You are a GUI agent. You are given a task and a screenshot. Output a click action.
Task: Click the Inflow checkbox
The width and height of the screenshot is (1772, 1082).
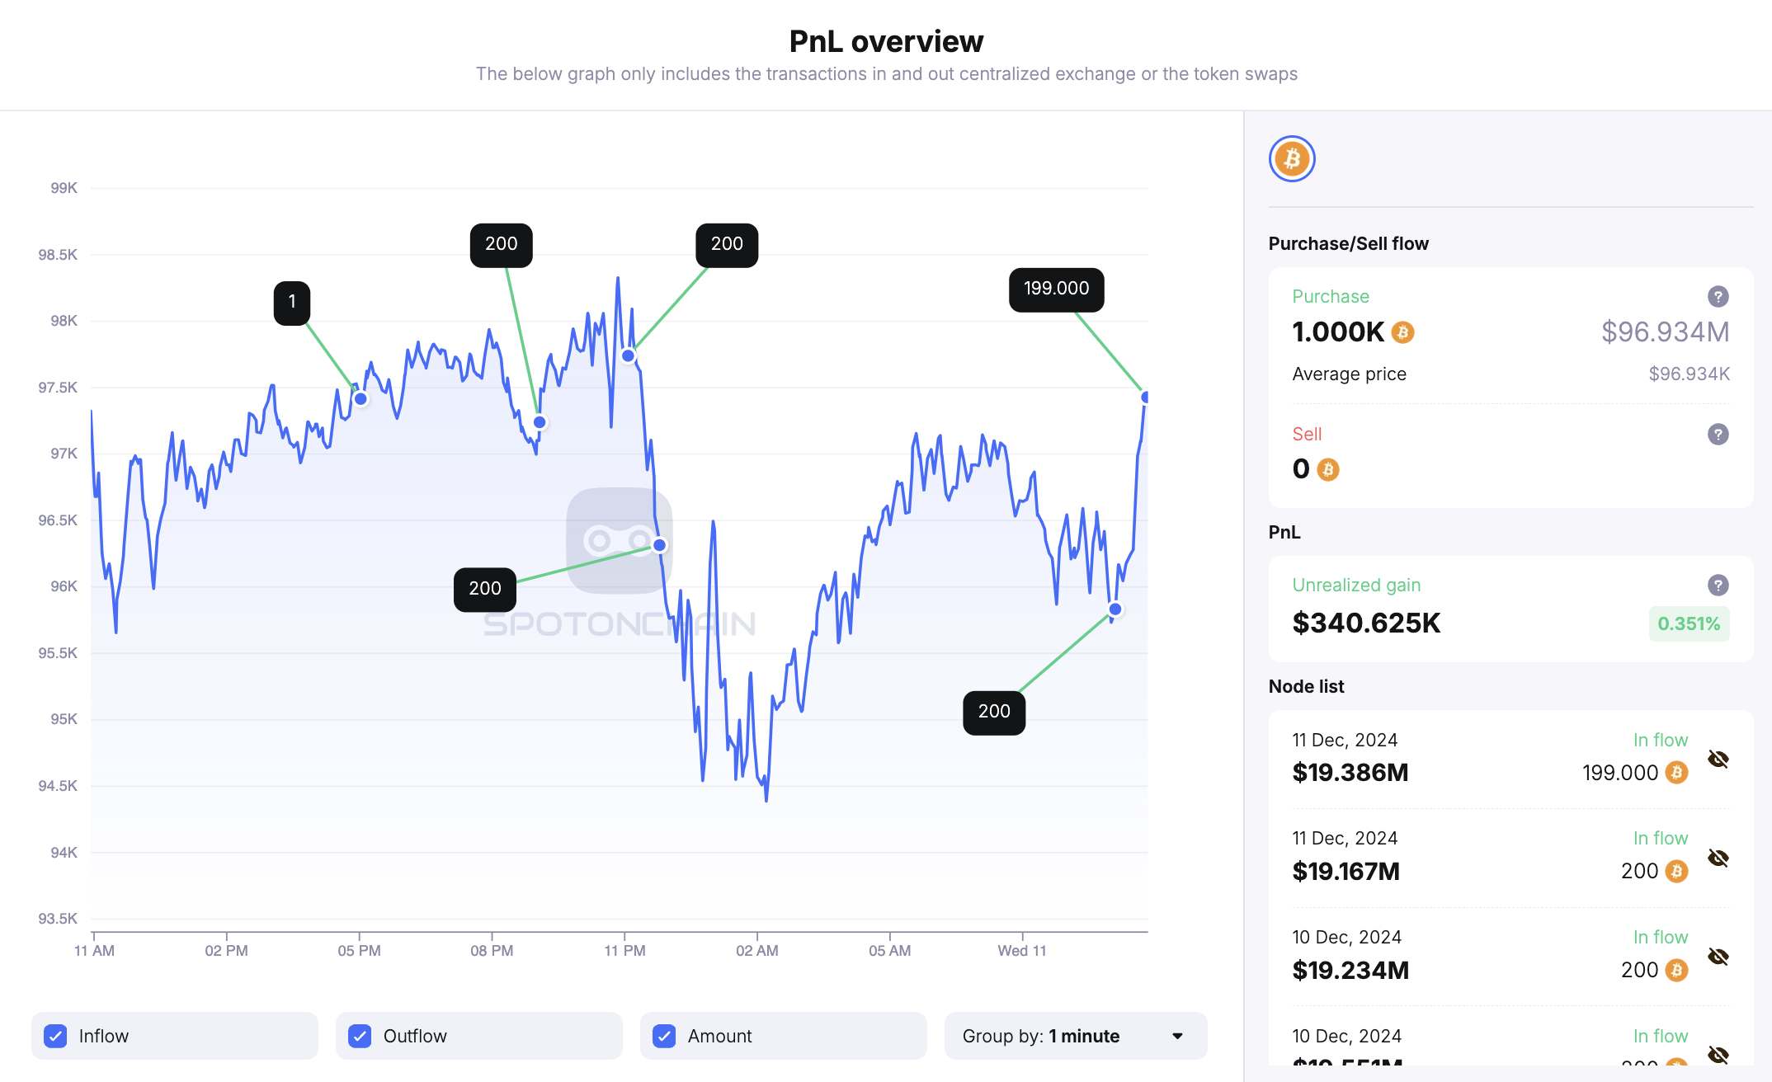point(55,1036)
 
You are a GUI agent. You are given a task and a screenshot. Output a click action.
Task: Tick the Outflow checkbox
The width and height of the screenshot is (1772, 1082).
point(360,1036)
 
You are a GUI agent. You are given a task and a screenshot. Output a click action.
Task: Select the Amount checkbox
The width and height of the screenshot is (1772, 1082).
point(664,1036)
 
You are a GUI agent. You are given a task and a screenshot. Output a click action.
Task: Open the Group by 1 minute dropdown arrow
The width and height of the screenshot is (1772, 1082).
point(1177,1036)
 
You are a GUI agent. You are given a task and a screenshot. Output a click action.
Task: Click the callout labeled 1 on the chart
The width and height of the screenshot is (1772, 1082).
point(292,303)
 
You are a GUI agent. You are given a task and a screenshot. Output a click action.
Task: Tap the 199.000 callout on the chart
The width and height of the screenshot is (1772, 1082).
point(1056,289)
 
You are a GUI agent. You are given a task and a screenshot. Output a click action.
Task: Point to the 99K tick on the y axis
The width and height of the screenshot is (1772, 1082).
point(64,188)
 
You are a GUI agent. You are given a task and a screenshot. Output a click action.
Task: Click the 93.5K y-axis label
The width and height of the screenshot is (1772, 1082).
point(58,919)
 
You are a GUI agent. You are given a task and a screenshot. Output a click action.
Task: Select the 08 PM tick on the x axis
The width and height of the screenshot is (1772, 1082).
point(492,950)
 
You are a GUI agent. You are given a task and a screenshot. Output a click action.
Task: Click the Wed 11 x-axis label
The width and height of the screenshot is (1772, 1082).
point(1021,950)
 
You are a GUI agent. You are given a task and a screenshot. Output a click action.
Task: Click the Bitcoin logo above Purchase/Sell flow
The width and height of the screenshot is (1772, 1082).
point(1292,158)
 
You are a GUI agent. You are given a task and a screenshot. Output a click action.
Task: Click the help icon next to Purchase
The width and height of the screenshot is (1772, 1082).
point(1718,297)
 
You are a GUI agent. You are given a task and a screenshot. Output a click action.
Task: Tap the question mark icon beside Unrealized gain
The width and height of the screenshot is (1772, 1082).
point(1718,586)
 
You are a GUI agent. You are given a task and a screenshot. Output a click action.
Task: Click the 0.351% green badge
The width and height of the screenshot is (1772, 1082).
point(1689,623)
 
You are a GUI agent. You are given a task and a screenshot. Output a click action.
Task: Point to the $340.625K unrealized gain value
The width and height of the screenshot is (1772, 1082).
point(1366,623)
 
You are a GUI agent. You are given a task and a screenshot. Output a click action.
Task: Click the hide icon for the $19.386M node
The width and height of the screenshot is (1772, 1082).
point(1718,759)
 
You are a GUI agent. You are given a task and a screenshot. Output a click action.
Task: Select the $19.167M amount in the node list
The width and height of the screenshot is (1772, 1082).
point(1345,871)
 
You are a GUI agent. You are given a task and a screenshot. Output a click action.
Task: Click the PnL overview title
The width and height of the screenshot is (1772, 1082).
point(886,41)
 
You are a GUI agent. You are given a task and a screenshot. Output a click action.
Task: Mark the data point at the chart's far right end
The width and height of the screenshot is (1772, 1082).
point(1145,398)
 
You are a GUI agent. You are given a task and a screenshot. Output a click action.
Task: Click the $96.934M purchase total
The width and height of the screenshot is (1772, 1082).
point(1665,332)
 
